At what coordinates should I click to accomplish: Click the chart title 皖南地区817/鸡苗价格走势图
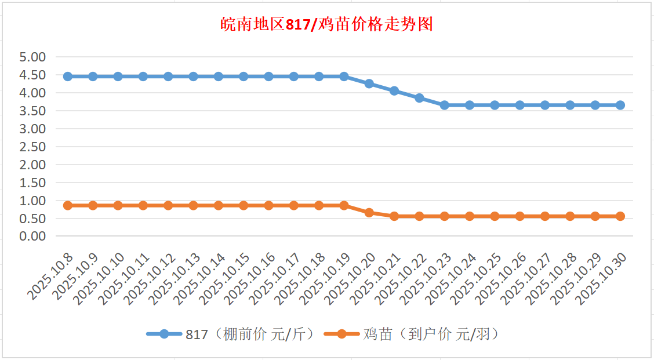(x=327, y=25)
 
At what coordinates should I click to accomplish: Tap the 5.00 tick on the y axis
(x=32, y=57)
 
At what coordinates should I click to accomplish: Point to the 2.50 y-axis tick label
(x=32, y=147)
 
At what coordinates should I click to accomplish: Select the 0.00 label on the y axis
(x=32, y=237)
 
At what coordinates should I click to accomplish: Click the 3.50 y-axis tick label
(x=32, y=111)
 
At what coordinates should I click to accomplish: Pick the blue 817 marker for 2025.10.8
(x=68, y=77)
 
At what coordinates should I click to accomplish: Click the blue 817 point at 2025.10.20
(x=369, y=83)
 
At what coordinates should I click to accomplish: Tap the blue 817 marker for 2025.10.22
(x=419, y=98)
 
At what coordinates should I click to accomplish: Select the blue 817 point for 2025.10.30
(x=620, y=105)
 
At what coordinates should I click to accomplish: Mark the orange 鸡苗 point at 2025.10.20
(x=369, y=213)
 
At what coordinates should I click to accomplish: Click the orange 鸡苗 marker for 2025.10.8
(x=68, y=205)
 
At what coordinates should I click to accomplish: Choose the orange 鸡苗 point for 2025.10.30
(x=620, y=216)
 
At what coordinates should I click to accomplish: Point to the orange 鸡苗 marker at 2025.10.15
(x=244, y=205)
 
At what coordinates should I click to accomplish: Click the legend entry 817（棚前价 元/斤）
(x=232, y=334)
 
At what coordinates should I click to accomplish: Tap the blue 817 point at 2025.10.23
(x=445, y=105)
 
